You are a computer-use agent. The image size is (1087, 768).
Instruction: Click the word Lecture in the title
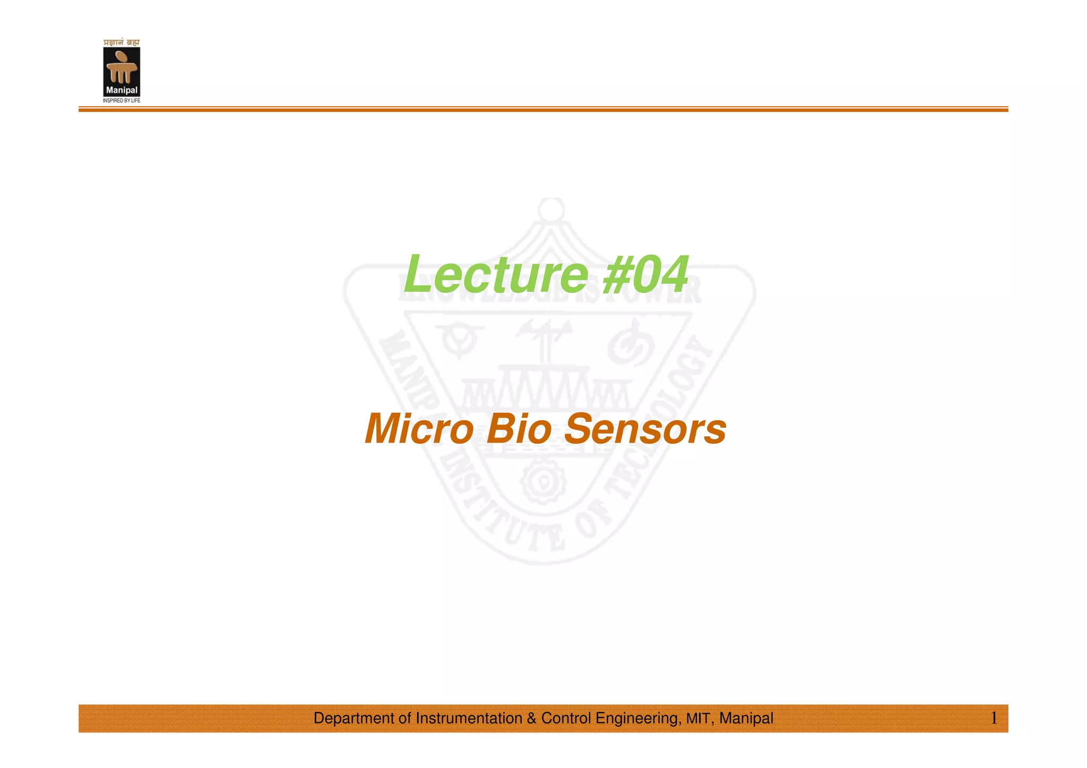pos(496,274)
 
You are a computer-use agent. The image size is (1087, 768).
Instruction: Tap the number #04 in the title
pos(645,274)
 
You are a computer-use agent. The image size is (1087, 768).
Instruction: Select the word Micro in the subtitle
pos(419,429)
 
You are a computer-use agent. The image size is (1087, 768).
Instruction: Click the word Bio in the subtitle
pos(519,429)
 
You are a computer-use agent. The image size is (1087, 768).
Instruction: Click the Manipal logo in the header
pos(122,71)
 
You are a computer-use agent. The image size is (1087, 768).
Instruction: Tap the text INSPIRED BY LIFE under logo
pos(122,100)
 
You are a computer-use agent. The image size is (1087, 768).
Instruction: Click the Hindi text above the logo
pos(122,42)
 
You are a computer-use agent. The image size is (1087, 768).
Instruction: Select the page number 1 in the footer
pos(994,718)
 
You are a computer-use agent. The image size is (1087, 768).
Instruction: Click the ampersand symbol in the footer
pos(532,718)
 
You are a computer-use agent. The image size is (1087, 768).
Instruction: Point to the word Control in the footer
pos(566,718)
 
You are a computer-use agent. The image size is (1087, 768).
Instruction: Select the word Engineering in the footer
pos(638,718)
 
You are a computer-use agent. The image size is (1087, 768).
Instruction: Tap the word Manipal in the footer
pos(746,718)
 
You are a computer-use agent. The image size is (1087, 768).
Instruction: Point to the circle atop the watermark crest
pos(551,209)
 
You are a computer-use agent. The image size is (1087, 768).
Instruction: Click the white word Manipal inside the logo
pos(122,90)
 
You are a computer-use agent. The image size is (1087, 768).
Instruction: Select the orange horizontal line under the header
pos(543,109)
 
